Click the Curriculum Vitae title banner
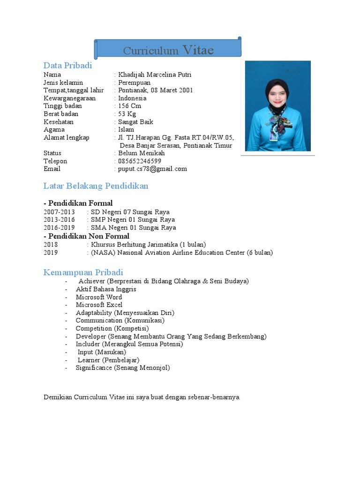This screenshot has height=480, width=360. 168,50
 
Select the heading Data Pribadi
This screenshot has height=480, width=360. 67,66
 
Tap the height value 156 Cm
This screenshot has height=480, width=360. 129,106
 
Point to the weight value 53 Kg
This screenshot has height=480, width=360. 127,114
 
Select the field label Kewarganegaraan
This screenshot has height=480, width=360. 69,98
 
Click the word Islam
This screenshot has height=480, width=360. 126,129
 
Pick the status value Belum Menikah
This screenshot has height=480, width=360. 141,153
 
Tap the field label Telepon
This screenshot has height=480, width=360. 55,161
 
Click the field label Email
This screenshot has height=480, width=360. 52,169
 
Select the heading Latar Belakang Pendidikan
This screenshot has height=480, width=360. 96,186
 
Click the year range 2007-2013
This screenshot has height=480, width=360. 59,212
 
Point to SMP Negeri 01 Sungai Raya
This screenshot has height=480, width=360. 133,220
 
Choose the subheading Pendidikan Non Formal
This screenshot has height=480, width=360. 86,236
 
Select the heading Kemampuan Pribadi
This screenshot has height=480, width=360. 83,272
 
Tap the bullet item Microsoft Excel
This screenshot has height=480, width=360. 99,305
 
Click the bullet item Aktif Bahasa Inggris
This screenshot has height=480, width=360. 106,289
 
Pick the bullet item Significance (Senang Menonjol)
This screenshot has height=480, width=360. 123,368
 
